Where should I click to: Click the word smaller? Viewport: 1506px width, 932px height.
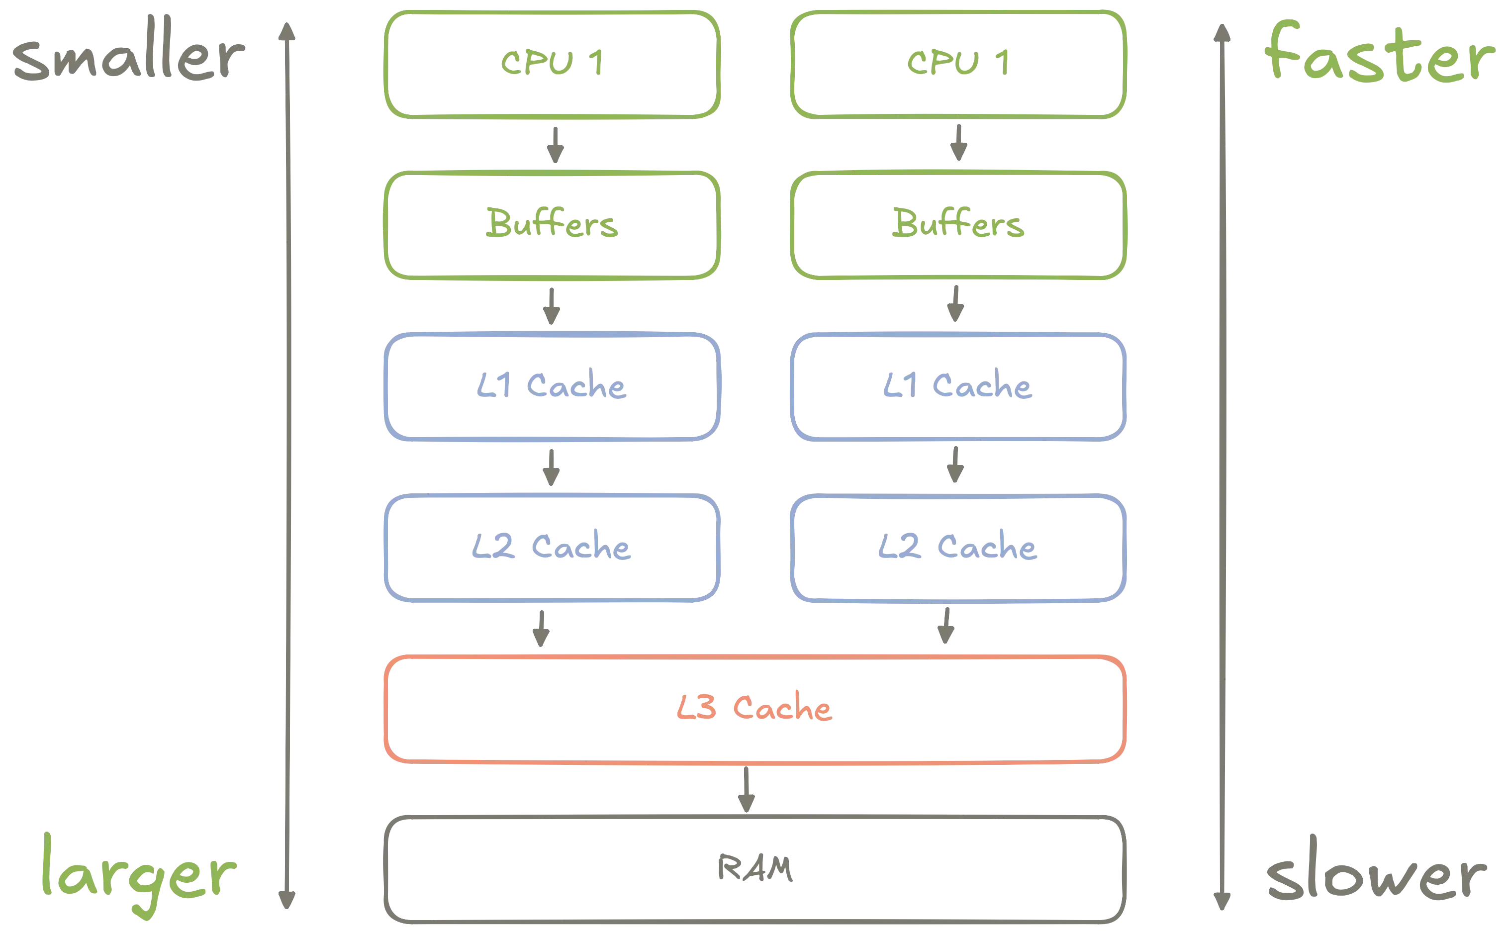point(126,60)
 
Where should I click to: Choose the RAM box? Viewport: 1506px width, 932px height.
point(754,869)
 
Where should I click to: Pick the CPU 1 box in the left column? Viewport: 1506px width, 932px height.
point(553,63)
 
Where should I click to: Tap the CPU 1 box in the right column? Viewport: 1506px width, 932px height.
point(958,63)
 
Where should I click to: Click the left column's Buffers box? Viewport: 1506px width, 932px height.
point(553,224)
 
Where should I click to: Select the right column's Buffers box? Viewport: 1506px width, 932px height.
point(958,224)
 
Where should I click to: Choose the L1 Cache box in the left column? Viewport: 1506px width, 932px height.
point(553,386)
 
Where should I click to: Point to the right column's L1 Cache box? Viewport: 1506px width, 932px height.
point(958,386)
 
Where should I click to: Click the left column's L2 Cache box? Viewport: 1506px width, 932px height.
point(553,548)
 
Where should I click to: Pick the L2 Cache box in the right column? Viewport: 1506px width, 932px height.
point(958,548)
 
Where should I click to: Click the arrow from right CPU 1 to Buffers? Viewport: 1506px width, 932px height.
point(958,144)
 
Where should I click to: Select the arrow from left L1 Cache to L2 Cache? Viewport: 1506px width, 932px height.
point(551,467)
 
